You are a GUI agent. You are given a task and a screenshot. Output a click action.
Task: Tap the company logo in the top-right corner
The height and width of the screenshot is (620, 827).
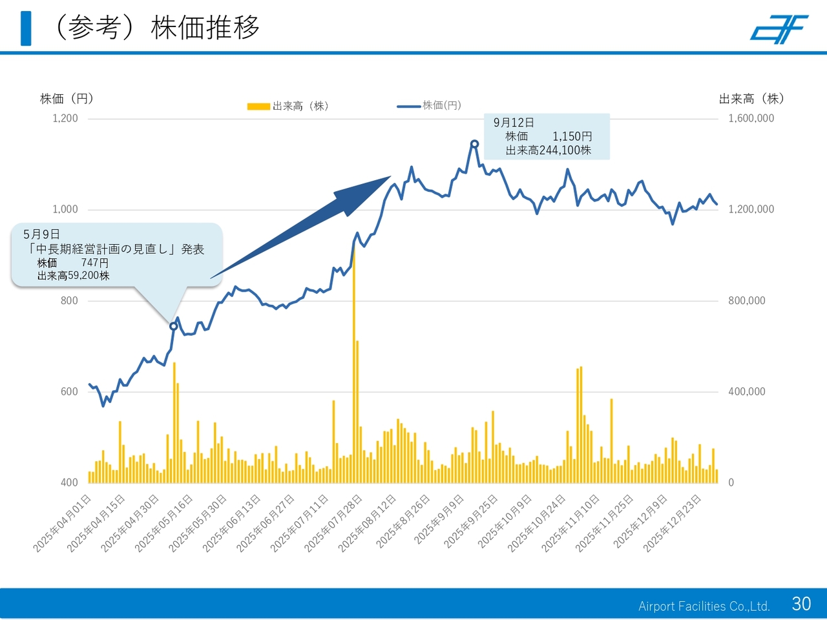(779, 30)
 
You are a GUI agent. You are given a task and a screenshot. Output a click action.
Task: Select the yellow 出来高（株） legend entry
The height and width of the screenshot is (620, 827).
(288, 106)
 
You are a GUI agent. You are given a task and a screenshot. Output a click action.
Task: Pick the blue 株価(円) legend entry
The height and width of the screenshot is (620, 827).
(430, 105)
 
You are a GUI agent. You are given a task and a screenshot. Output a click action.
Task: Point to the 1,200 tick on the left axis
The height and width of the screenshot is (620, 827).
(65, 118)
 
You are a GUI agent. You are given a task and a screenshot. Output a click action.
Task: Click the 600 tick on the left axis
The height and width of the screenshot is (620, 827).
(69, 391)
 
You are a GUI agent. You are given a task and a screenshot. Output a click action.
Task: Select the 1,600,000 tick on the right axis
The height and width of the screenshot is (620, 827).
(751, 118)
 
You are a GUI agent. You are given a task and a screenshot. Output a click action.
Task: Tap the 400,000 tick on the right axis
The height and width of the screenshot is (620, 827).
(746, 391)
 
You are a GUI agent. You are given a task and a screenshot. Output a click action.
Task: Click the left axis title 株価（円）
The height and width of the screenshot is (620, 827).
(67, 99)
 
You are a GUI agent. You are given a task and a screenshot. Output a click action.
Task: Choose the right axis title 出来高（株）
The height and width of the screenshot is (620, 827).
(751, 99)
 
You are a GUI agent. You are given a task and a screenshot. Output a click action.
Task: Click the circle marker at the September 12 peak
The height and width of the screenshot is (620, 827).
(474, 144)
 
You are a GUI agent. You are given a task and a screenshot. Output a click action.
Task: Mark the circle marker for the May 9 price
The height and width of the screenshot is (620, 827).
(173, 326)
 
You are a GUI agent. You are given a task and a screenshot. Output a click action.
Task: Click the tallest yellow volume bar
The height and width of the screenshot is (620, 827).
(353, 362)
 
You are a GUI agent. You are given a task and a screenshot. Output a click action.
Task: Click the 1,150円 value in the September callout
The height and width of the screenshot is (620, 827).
(572, 136)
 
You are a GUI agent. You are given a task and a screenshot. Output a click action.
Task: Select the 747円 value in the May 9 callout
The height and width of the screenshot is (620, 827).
(95, 262)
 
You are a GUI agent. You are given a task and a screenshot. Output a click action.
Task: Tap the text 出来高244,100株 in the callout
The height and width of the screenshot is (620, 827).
(548, 150)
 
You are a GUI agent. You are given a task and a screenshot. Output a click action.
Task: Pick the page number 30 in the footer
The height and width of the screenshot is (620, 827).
(801, 603)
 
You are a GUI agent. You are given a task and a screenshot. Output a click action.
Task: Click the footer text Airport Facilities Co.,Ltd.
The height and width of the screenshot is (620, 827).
(704, 606)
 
